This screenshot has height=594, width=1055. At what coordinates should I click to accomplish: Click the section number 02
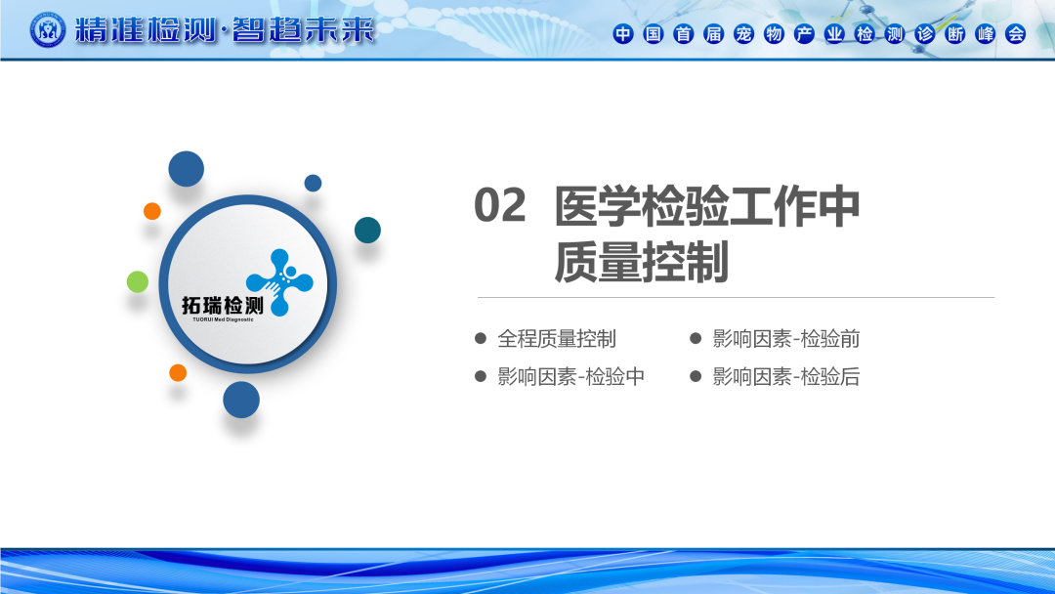[500, 205]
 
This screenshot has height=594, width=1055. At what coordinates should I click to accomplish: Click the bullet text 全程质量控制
[557, 338]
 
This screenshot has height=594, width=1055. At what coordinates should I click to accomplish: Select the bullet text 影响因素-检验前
[785, 338]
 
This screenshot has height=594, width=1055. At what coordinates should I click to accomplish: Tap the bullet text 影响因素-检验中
[570, 376]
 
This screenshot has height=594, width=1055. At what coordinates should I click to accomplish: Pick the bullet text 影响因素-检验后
[785, 376]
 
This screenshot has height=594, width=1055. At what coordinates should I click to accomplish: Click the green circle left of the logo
[138, 282]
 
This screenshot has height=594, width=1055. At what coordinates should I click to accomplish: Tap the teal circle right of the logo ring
[367, 230]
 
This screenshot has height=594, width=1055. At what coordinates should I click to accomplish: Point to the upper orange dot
[152, 211]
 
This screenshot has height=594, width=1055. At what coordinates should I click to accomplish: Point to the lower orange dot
[178, 372]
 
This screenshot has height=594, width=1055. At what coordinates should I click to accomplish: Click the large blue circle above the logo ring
[186, 169]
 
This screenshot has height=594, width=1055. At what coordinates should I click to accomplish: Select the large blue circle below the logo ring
[241, 400]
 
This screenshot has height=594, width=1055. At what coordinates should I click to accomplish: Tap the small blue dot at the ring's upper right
[313, 183]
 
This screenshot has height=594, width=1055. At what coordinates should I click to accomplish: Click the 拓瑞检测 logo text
[223, 306]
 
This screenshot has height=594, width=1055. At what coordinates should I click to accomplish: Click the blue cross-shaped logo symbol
[279, 282]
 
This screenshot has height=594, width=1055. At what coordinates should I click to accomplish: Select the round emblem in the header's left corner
[48, 29]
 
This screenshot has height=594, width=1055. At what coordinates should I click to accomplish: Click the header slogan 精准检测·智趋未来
[224, 30]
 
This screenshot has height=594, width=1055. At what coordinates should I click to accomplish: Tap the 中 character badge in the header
[623, 33]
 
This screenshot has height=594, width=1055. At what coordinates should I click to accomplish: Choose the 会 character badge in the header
[1015, 33]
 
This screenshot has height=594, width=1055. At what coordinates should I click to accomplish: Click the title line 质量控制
[641, 262]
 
